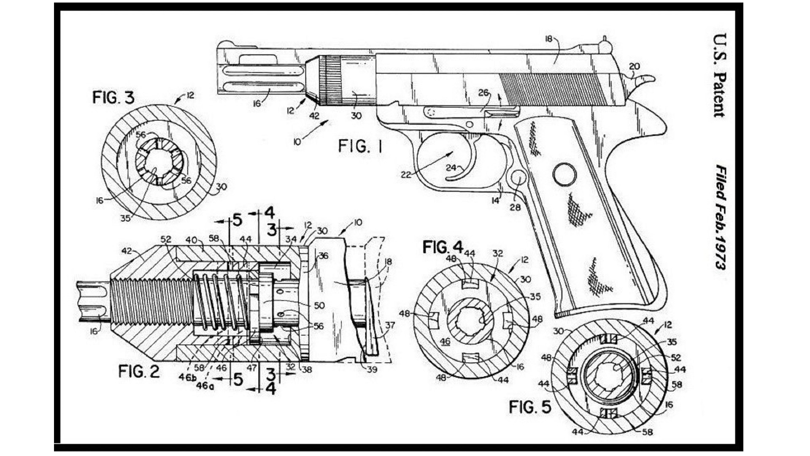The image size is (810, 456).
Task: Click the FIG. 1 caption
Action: tap(360, 147)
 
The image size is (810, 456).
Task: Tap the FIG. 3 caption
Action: tap(113, 98)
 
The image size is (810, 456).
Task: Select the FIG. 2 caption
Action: tap(139, 372)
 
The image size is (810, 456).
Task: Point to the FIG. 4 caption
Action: tap(443, 247)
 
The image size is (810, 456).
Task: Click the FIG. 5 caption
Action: tap(530, 407)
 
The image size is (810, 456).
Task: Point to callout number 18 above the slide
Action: tap(548, 39)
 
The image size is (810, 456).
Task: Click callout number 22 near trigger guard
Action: tap(405, 174)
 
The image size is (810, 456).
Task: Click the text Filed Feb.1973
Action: tap(720, 217)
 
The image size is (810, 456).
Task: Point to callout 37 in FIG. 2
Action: tap(390, 325)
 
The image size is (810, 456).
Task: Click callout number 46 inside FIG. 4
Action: tap(445, 342)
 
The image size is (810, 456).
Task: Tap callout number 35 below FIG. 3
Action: tap(125, 218)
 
